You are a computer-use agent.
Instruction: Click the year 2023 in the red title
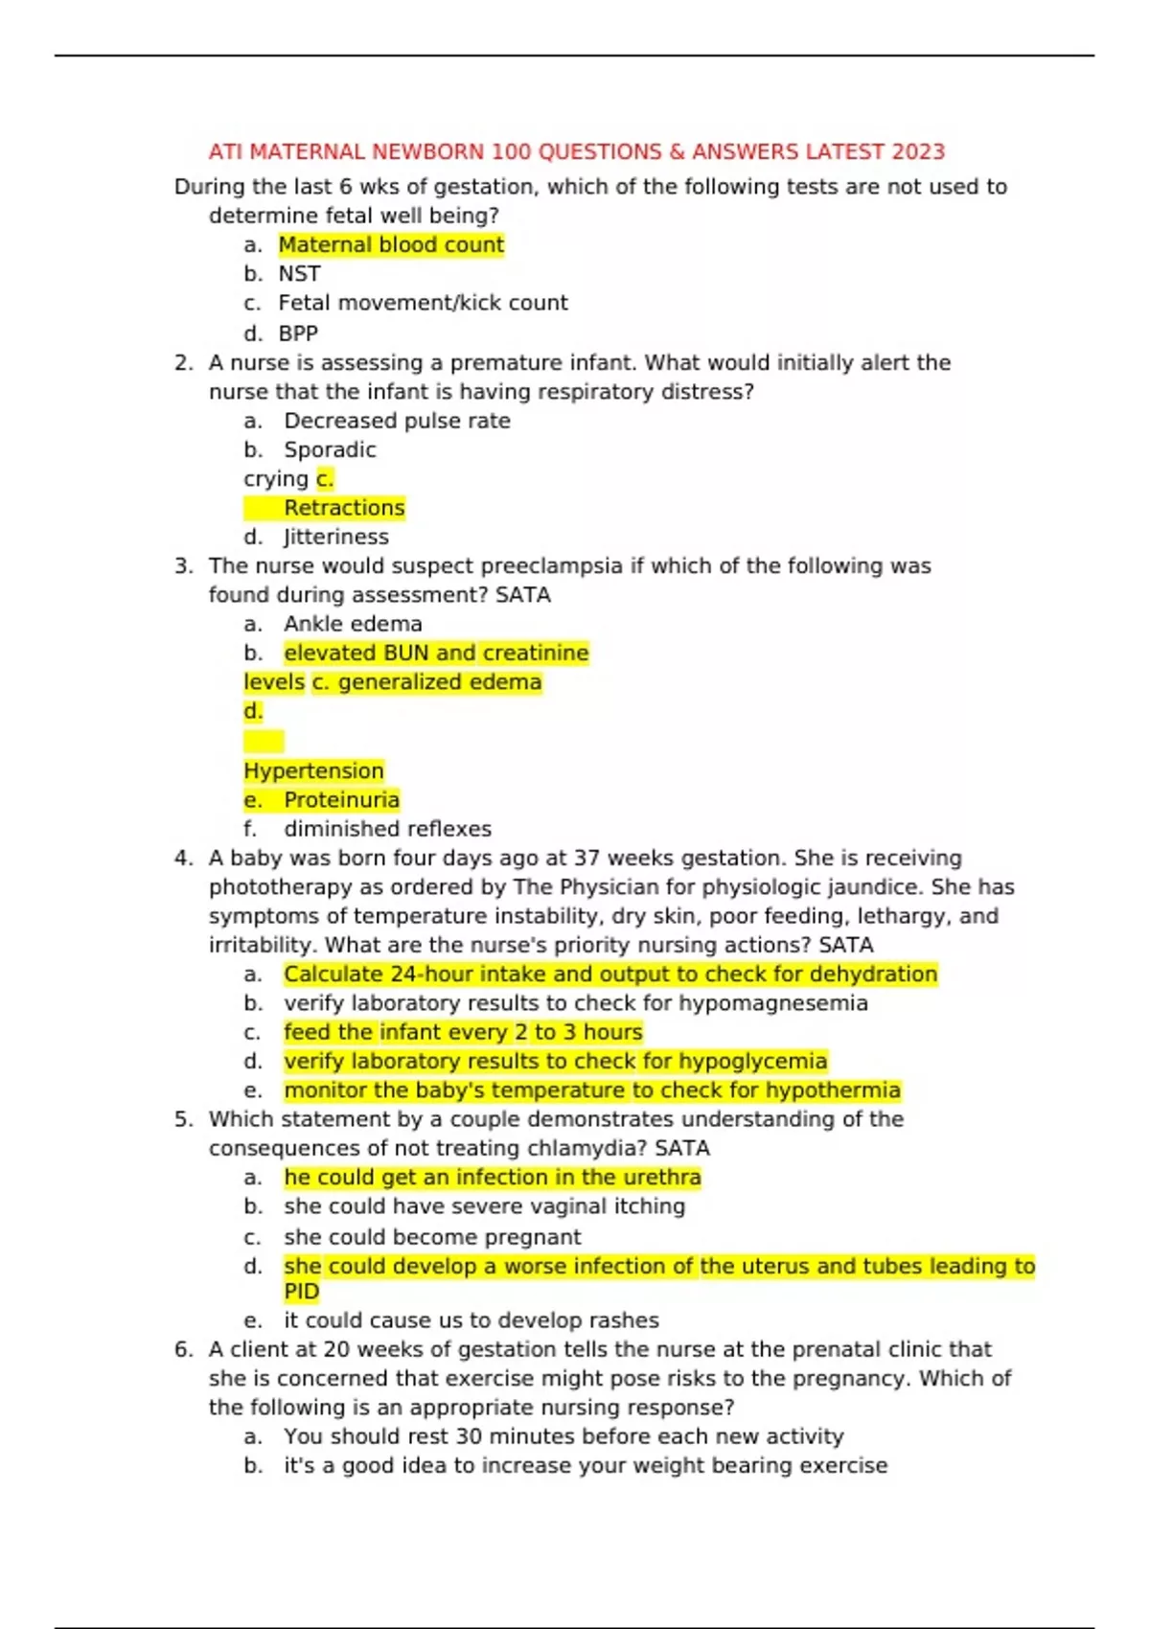(x=918, y=151)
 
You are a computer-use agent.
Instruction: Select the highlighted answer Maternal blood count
(x=391, y=245)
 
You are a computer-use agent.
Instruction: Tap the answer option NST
(x=299, y=274)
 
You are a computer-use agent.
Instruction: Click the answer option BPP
(x=298, y=333)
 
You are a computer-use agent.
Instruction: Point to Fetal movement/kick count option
(x=423, y=303)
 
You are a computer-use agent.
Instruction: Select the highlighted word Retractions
(x=344, y=508)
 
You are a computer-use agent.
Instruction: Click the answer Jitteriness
(x=335, y=537)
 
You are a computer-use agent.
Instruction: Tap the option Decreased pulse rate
(x=397, y=421)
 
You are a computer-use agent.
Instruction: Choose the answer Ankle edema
(x=353, y=624)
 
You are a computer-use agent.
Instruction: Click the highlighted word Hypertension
(x=313, y=770)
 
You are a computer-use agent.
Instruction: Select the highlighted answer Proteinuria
(x=341, y=800)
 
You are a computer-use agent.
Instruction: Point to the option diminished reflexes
(x=387, y=829)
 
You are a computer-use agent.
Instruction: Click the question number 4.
(x=183, y=859)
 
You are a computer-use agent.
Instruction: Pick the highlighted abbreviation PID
(x=301, y=1292)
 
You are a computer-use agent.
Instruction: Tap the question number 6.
(x=183, y=1349)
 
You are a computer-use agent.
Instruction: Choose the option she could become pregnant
(x=432, y=1237)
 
